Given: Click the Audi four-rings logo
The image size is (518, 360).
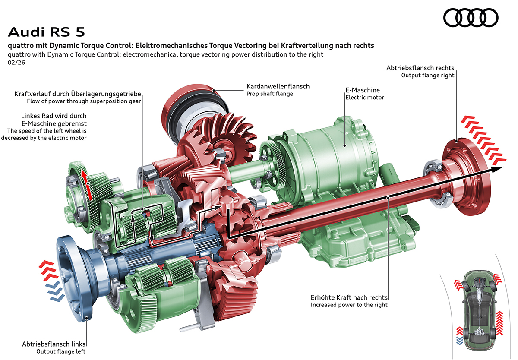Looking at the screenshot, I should (471, 18).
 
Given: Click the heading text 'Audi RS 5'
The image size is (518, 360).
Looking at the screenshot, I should (47, 32).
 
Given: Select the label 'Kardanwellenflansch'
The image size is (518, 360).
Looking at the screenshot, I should (278, 86).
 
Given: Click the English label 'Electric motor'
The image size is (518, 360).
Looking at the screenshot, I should (364, 98).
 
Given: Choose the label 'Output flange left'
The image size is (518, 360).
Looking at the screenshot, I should (61, 351).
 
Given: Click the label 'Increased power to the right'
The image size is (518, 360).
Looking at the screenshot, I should (349, 305).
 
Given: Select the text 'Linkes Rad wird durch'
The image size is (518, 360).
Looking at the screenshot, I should (54, 116).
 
